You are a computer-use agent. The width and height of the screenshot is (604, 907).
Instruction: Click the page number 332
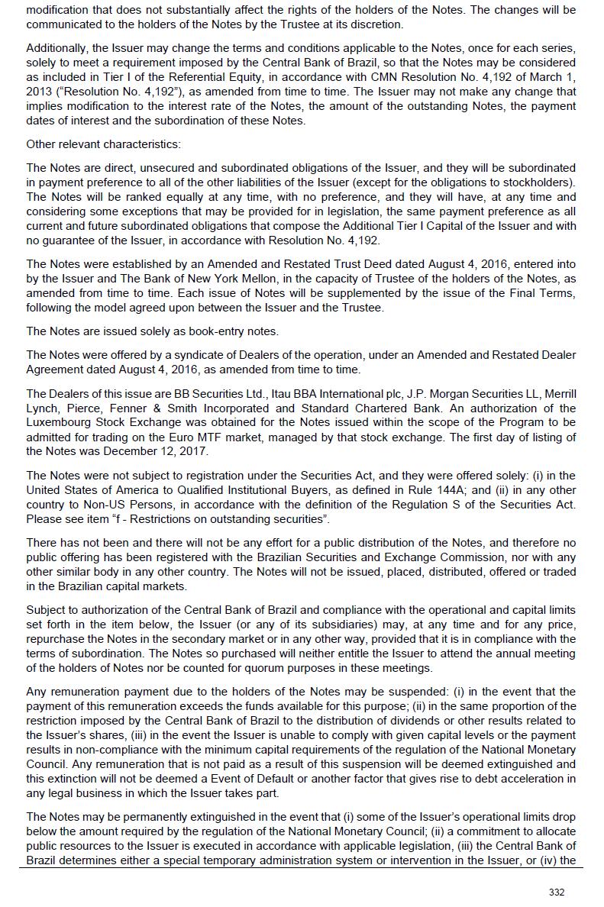[x=557, y=892]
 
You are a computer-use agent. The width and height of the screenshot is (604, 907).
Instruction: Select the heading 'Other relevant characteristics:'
[x=104, y=144]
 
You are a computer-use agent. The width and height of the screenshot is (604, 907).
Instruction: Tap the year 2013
[x=40, y=92]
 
